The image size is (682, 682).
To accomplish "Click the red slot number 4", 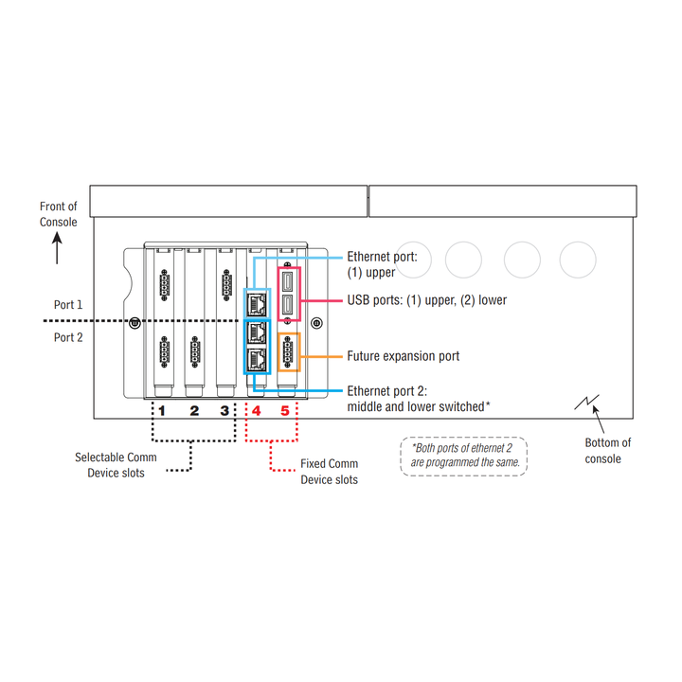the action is coord(256,410).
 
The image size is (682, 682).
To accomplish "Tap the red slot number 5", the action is coord(285,410).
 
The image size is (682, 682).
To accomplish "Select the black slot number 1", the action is coord(162,410).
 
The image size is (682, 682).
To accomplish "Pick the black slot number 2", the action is coord(194,410).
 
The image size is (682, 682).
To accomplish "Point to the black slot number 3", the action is coord(224,410).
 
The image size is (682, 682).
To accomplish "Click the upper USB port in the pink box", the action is coord(287,281).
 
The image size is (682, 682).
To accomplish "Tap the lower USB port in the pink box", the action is coord(287,304).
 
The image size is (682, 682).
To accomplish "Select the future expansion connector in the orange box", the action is coord(287,351).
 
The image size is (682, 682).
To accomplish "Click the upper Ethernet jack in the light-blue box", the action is coord(257,304).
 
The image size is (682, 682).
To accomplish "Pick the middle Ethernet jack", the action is coord(257,333).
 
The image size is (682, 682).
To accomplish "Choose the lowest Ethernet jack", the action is coord(257,360).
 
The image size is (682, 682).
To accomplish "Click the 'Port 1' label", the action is coord(68,304).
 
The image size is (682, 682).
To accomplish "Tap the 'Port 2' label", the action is coord(68,337).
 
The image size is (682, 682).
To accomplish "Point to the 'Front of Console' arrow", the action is coord(57,248).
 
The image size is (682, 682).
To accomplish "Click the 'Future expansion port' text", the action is coord(404,356).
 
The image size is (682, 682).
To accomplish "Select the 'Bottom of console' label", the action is coord(607,451).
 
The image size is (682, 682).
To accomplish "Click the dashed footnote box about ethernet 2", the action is coord(463,438).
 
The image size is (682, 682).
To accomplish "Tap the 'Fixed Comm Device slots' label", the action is coord(330,472).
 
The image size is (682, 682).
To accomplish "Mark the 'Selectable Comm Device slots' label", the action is coord(116,465).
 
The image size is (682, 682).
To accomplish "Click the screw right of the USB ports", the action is coord(316,323).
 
